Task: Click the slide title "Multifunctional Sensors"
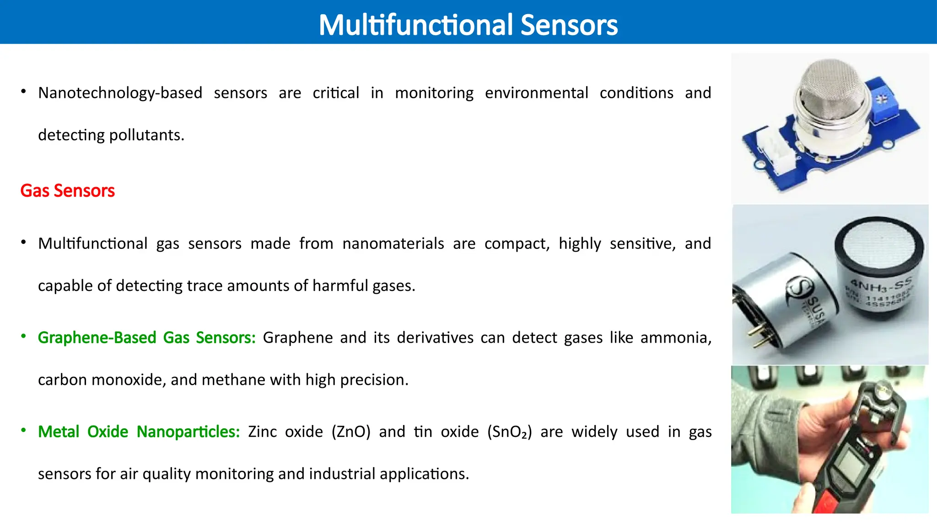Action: [x=468, y=25]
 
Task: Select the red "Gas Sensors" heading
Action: [x=67, y=191]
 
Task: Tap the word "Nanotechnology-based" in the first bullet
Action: [x=120, y=93]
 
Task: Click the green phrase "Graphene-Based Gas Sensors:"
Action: [x=146, y=338]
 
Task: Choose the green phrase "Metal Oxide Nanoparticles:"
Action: [x=139, y=432]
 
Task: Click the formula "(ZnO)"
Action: [x=351, y=432]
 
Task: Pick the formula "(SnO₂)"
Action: [x=510, y=432]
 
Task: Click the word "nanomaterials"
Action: [x=393, y=243]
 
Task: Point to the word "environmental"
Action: [x=536, y=93]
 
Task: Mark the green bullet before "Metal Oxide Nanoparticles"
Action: [x=23, y=430]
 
